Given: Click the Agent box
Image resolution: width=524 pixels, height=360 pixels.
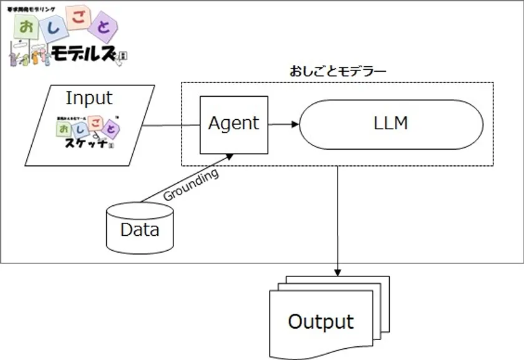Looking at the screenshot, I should point(233,125).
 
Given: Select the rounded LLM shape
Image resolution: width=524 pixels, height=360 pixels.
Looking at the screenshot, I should point(391,124).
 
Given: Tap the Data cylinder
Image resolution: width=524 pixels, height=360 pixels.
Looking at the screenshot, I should point(140,229).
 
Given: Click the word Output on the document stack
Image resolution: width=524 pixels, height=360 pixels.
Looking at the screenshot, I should point(321,321).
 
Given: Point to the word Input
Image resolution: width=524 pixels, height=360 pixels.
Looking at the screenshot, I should point(89,98).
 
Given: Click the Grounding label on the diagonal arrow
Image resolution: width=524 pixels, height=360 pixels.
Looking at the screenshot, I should point(190,185).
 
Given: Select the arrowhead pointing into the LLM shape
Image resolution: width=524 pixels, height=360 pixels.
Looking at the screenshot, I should point(295,124).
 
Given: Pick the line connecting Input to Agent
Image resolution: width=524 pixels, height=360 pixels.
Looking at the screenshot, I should point(171,125).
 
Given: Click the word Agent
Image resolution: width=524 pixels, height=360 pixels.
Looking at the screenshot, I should point(233,124).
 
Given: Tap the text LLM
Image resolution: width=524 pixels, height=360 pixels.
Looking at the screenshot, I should point(391,124).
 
